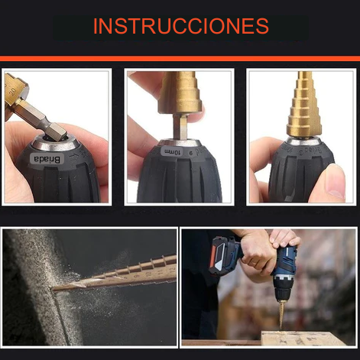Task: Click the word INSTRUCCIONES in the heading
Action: click(181, 26)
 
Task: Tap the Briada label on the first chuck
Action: click(47, 159)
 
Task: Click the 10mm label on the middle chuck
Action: click(172, 152)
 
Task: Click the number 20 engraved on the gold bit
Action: click(12, 91)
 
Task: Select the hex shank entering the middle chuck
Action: click(180, 127)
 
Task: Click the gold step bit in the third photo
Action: click(303, 105)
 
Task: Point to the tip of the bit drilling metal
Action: click(53, 290)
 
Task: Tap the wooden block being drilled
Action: click(303, 338)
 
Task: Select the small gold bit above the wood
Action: click(281, 314)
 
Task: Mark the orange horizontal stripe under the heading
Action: click(180, 59)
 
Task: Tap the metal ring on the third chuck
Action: click(303, 141)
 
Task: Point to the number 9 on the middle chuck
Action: click(190, 153)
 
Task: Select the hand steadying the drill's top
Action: click(285, 239)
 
